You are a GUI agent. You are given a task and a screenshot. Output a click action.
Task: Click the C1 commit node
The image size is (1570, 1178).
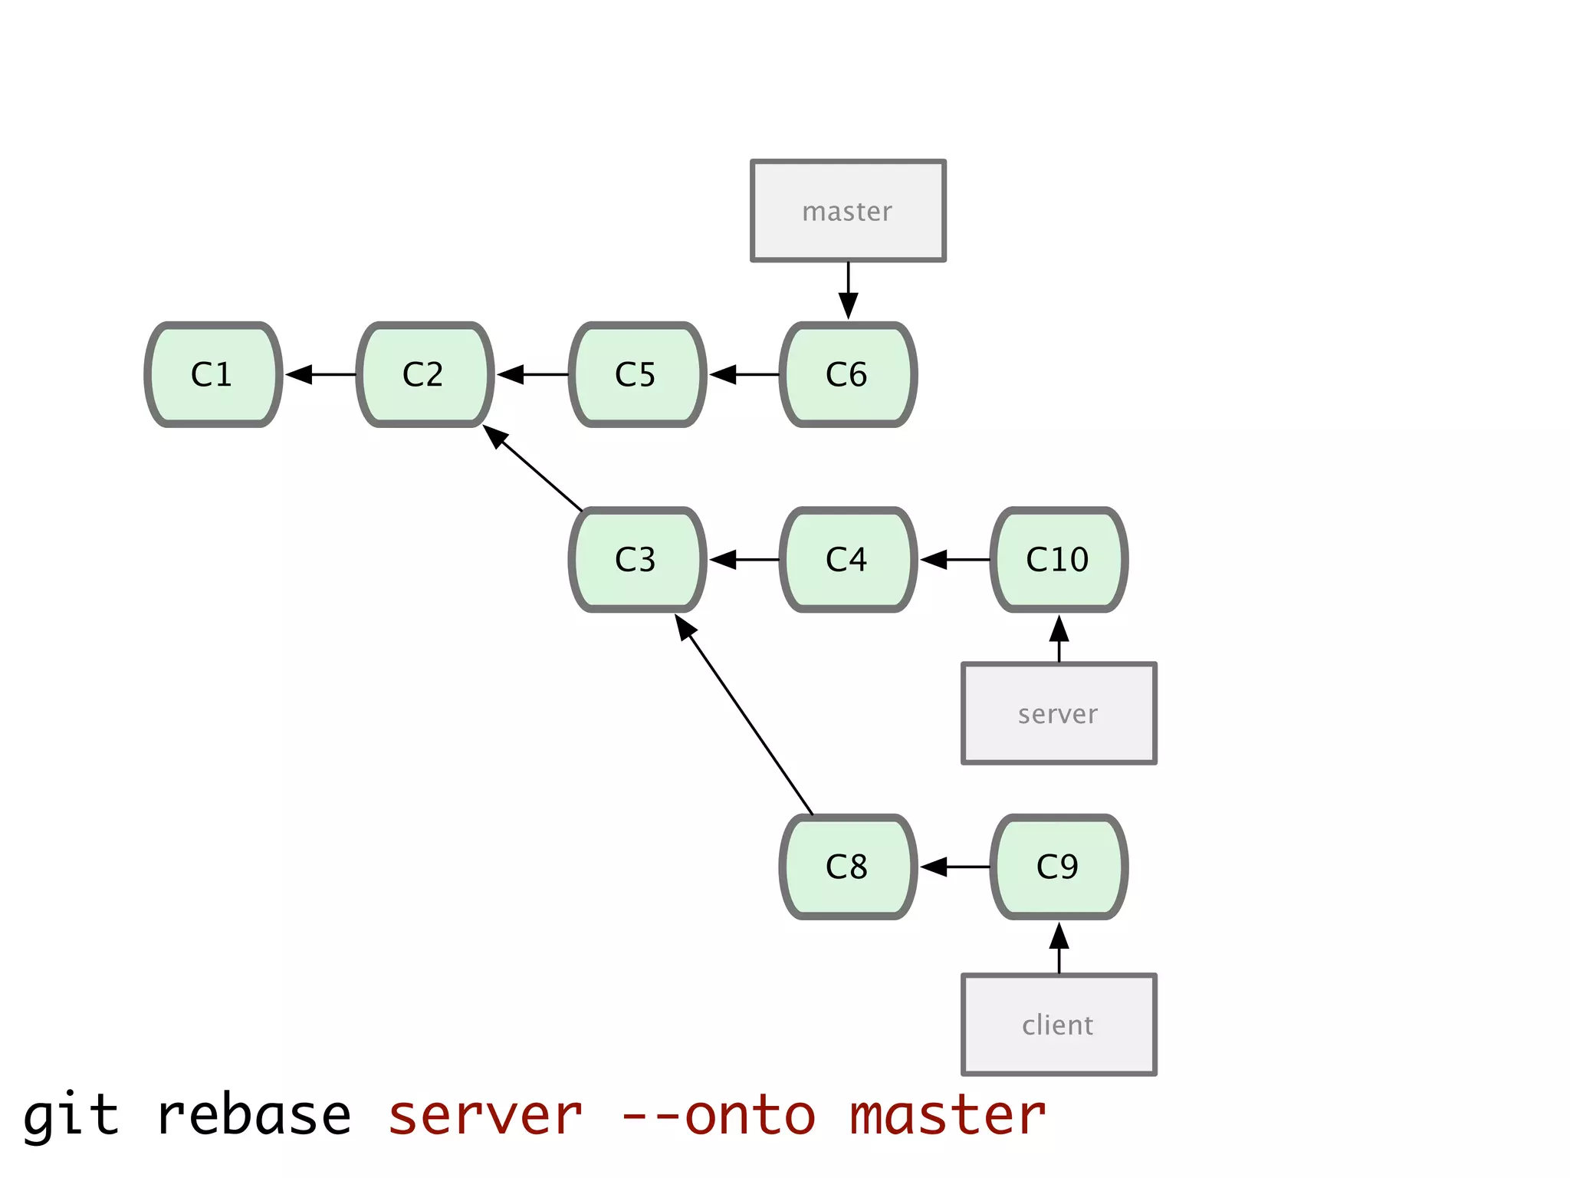click(x=213, y=374)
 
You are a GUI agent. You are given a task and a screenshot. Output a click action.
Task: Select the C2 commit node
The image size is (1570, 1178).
click(x=425, y=374)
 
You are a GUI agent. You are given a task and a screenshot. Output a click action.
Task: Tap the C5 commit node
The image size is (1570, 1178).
click(x=637, y=374)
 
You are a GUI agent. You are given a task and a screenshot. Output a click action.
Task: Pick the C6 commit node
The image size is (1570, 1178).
click(x=848, y=374)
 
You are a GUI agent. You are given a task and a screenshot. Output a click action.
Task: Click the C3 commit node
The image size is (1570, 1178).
click(x=637, y=559)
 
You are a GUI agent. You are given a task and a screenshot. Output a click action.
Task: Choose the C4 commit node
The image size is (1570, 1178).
click(x=848, y=559)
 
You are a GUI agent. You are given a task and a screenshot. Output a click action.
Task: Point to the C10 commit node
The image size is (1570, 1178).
click(x=1059, y=559)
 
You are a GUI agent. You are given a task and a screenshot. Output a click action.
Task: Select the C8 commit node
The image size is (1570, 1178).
click(x=848, y=867)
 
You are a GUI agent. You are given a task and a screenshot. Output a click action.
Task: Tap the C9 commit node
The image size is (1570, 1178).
click(x=1059, y=867)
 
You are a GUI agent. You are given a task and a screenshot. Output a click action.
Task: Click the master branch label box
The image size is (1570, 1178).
click(x=848, y=211)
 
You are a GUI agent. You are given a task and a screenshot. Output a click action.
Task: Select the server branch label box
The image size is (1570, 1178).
click(x=1059, y=713)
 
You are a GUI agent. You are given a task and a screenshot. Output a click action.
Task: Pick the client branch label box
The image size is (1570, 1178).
click(x=1059, y=1025)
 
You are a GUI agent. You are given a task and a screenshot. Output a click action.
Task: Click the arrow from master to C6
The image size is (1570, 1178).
click(x=848, y=290)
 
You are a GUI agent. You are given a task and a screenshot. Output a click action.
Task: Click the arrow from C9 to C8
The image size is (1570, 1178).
click(x=954, y=867)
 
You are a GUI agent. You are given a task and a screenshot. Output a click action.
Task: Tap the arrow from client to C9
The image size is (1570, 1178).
click(x=1059, y=948)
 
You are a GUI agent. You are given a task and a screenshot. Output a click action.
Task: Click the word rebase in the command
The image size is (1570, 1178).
click(x=254, y=1116)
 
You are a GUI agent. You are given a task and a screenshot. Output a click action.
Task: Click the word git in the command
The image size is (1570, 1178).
click(x=71, y=1116)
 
